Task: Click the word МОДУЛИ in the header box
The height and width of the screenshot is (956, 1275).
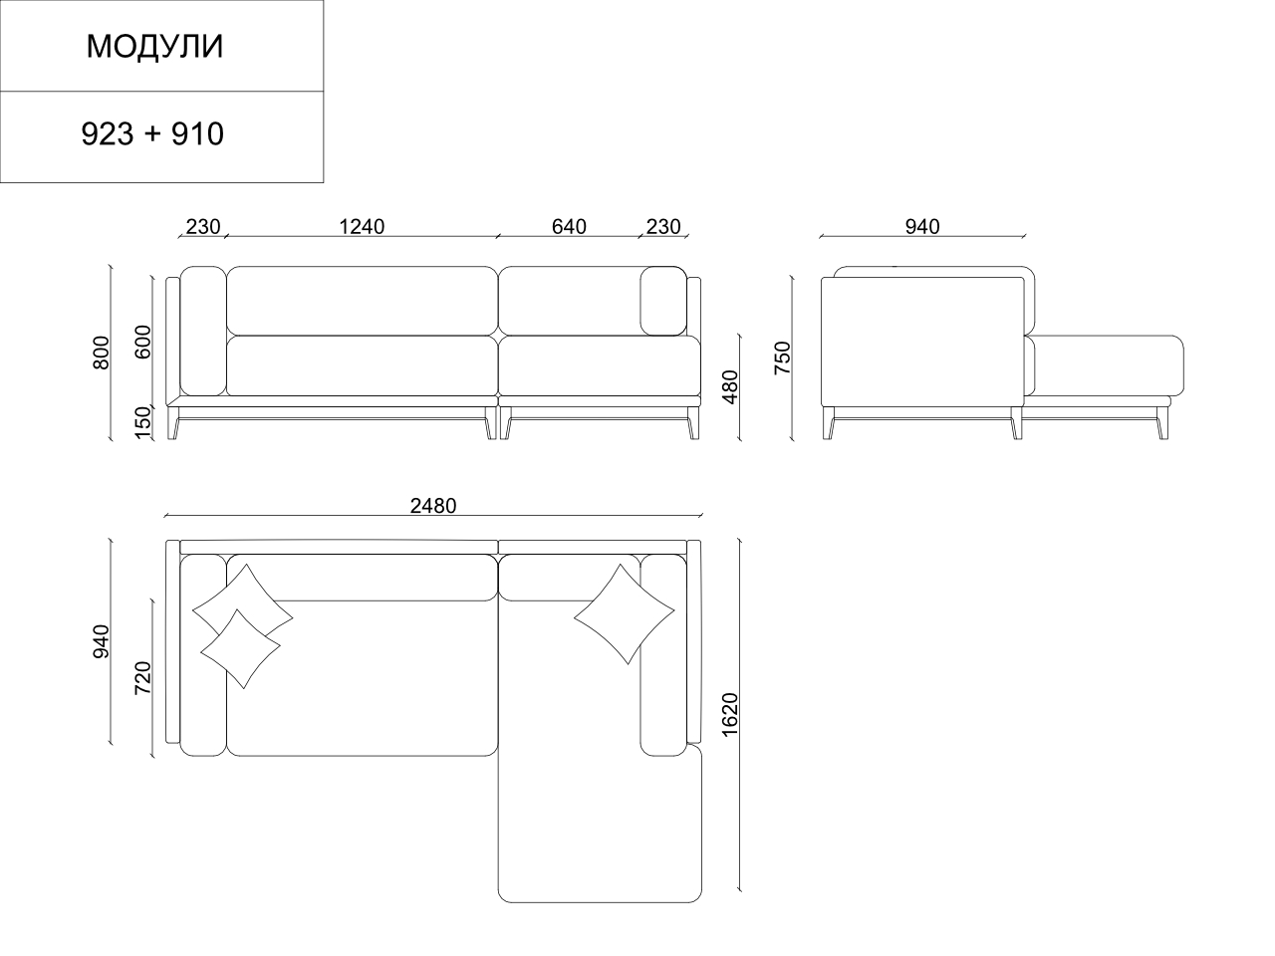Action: (x=154, y=47)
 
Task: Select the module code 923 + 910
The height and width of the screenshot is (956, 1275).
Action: (x=152, y=134)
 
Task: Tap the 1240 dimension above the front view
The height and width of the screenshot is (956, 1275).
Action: (x=362, y=226)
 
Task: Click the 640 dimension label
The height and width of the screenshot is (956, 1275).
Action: (x=569, y=226)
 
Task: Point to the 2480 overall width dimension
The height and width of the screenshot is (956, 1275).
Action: (x=433, y=506)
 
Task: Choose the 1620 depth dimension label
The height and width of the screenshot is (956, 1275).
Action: (x=729, y=715)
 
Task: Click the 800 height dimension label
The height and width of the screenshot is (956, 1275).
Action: (x=101, y=353)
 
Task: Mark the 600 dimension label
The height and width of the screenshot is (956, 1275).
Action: (x=142, y=342)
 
